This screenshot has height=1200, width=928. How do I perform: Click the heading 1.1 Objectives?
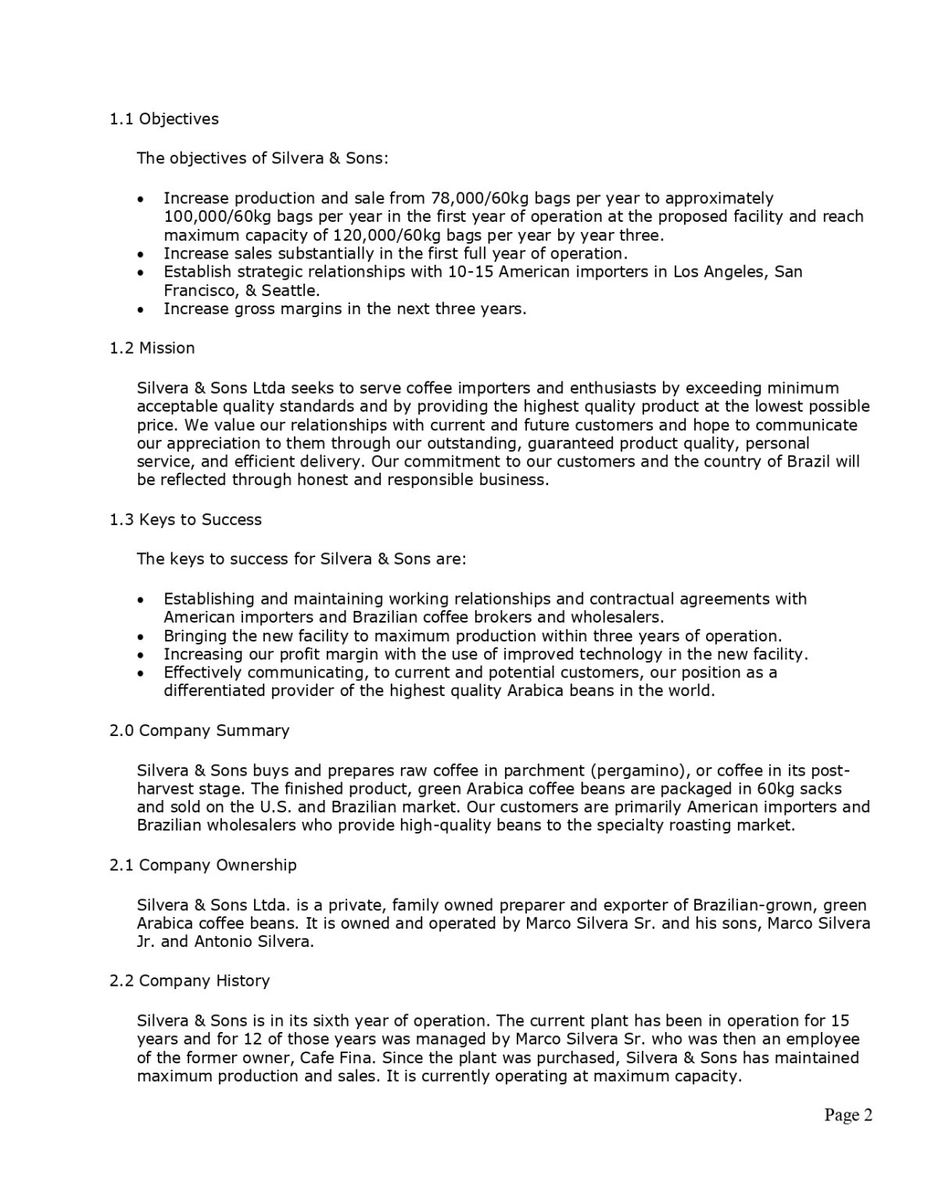[164, 119]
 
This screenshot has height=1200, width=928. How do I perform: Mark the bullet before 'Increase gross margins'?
[140, 309]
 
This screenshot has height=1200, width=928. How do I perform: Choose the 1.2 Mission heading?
[152, 348]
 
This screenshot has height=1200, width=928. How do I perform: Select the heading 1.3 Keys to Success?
[186, 520]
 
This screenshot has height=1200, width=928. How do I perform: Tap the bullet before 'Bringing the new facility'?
[140, 637]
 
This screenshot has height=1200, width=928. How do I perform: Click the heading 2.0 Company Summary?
[199, 730]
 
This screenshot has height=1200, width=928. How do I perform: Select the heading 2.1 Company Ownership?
[203, 865]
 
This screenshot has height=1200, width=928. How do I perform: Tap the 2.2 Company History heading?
[190, 980]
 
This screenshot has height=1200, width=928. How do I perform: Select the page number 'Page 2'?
[848, 1115]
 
